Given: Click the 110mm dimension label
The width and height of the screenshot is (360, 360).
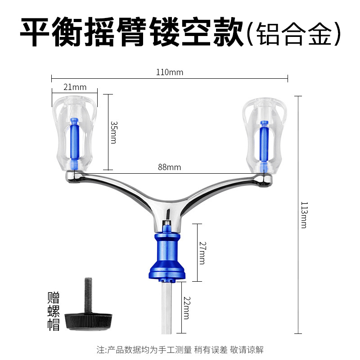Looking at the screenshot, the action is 169,72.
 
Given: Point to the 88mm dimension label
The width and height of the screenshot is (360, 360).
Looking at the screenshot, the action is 169,167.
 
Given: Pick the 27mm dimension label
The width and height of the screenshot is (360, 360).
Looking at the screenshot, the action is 202,253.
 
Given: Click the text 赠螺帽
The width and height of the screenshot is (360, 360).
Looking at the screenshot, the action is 54,311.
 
